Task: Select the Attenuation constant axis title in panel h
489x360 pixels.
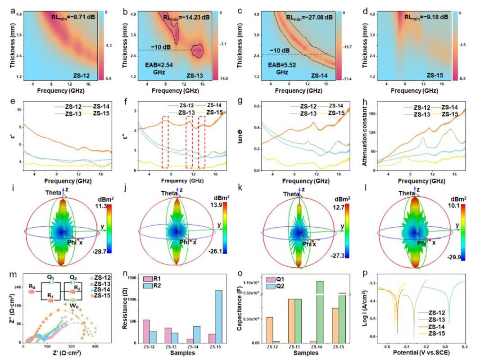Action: [367, 137]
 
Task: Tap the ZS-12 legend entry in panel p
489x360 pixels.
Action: [437, 312]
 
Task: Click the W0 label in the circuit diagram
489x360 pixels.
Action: [73, 309]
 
